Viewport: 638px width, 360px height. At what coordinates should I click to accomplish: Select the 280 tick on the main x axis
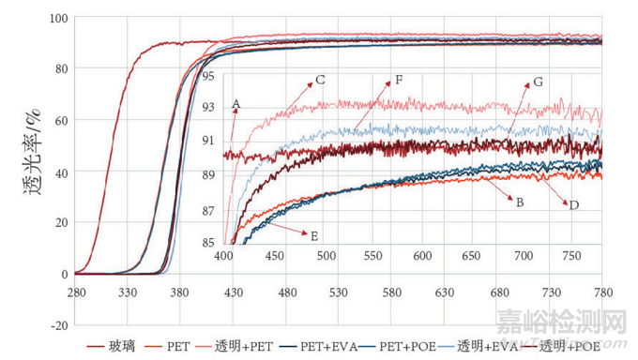[76, 292]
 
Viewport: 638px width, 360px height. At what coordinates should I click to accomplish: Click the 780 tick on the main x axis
[601, 292]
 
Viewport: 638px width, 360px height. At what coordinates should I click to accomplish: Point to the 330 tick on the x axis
[129, 292]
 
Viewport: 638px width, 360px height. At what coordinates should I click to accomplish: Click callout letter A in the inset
[236, 103]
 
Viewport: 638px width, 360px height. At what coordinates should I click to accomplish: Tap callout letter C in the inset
[320, 81]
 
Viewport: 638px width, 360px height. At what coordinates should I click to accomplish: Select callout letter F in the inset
[399, 80]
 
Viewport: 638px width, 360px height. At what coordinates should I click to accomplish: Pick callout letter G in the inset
[537, 82]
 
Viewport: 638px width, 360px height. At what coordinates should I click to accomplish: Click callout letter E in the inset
[314, 237]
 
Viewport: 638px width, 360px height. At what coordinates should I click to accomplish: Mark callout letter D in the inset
[573, 204]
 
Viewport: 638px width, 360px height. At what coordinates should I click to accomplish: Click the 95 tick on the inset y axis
[207, 75]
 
